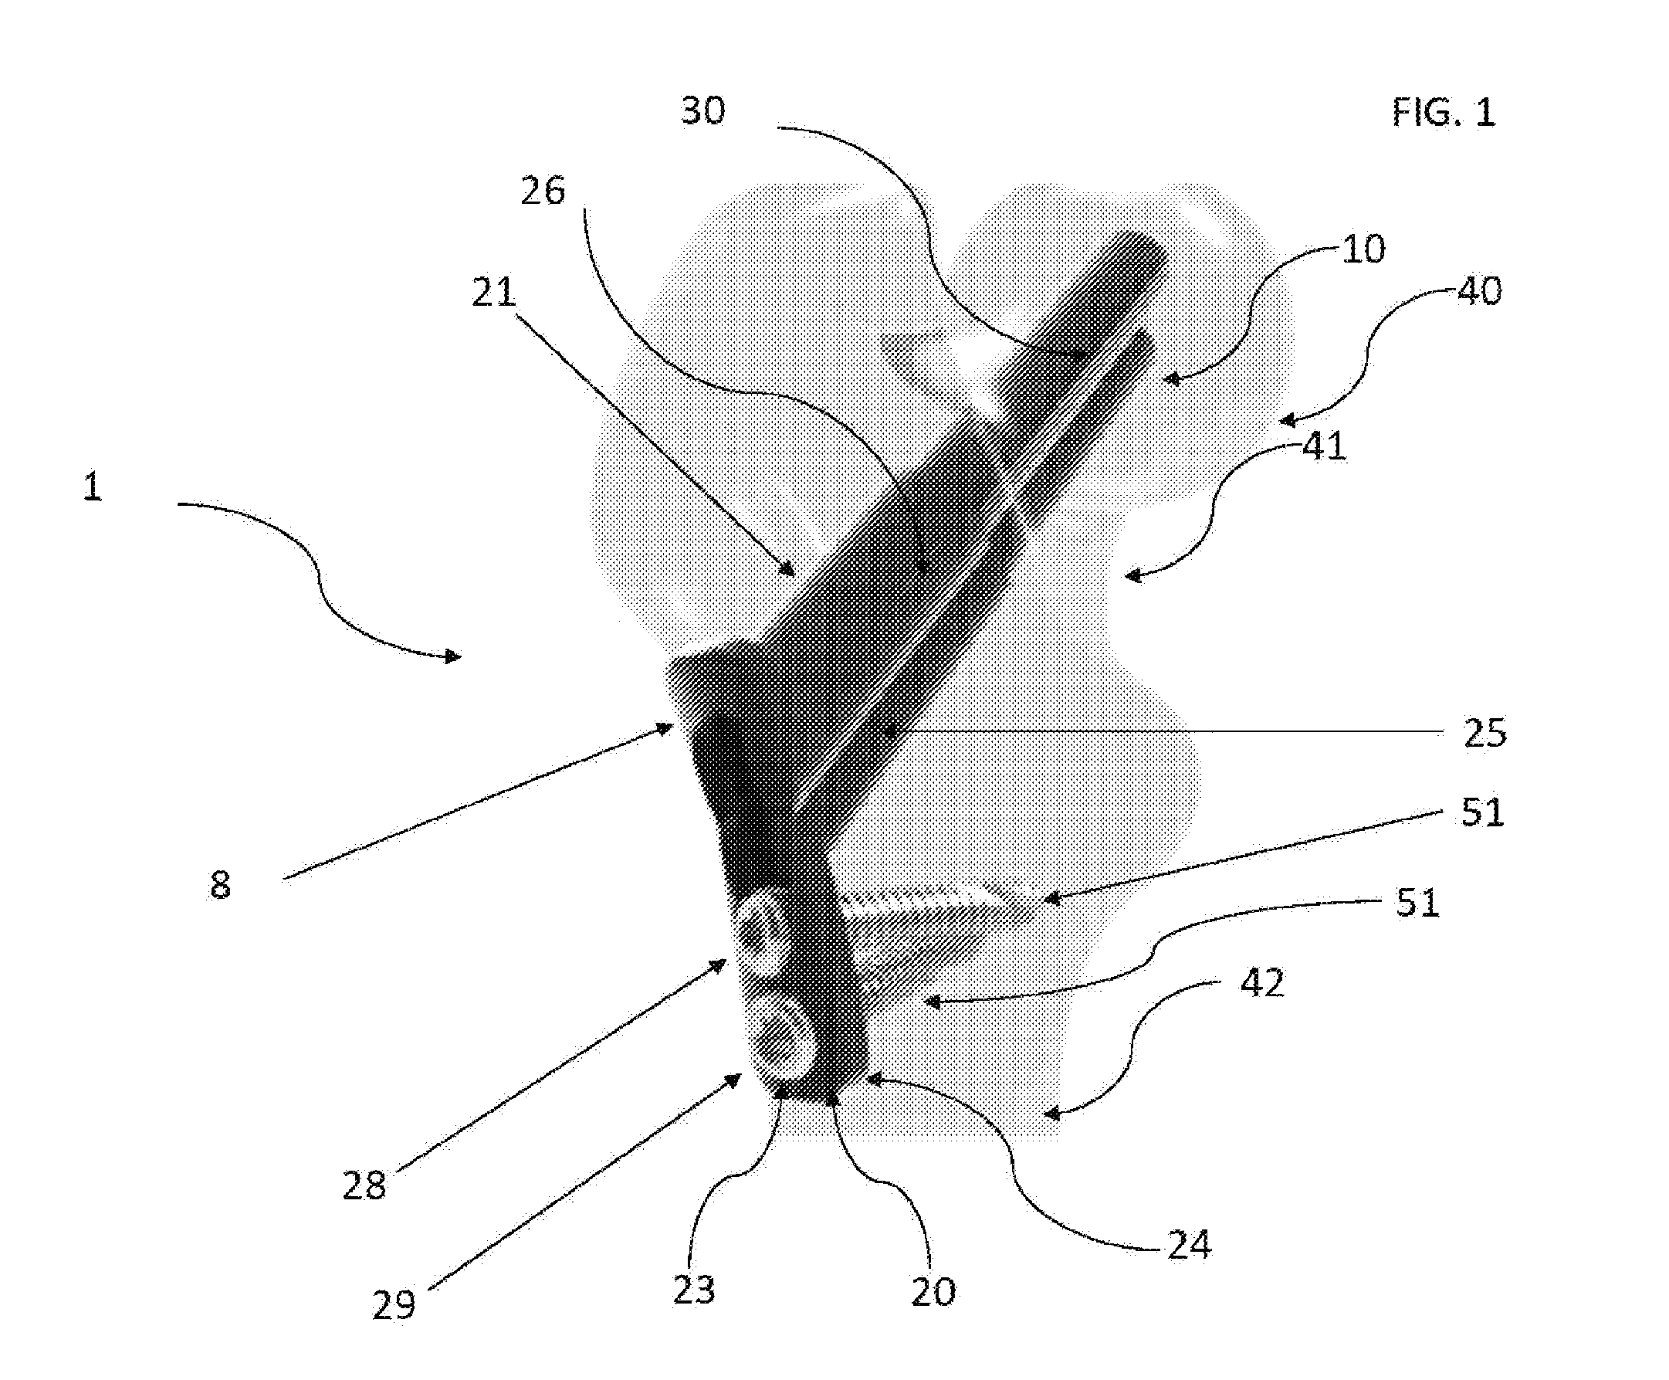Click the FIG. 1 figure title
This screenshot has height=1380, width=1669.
point(1444,112)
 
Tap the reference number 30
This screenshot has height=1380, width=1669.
point(703,110)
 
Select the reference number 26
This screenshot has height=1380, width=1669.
point(543,191)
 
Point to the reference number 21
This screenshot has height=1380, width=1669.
point(493,292)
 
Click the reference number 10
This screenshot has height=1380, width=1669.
point(1364,249)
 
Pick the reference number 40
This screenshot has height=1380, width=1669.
point(1480,291)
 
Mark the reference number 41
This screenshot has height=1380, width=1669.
point(1325,446)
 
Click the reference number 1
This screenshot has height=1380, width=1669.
point(92,486)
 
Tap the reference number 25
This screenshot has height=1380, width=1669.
point(1485,732)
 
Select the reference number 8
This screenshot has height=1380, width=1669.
point(220,885)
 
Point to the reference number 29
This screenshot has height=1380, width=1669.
point(394,1305)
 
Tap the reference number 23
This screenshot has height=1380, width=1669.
point(694,1290)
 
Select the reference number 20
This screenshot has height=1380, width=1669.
point(933,1292)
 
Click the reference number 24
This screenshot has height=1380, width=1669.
point(1190,1245)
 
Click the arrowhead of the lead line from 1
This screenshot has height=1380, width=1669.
point(453,656)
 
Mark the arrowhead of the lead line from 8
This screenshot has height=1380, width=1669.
point(666,727)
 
